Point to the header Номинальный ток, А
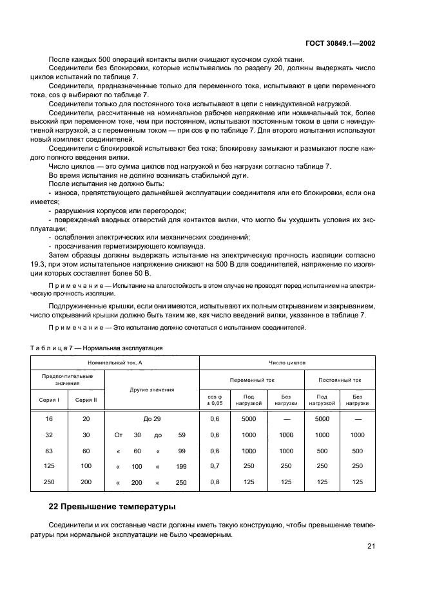tap(115, 362)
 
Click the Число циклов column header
tap(287, 362)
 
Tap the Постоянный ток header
tap(340, 380)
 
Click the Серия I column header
tap(49, 399)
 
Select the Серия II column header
tap(86, 399)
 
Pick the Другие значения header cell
tap(152, 390)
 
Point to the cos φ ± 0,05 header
tap(215, 399)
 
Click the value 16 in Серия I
tap(49, 419)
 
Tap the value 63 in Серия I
tap(49, 450)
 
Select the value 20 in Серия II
tap(86, 419)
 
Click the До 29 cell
tap(152, 419)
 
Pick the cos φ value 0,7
tap(215, 466)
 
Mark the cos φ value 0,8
tap(215, 482)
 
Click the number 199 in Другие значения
tap(181, 466)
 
